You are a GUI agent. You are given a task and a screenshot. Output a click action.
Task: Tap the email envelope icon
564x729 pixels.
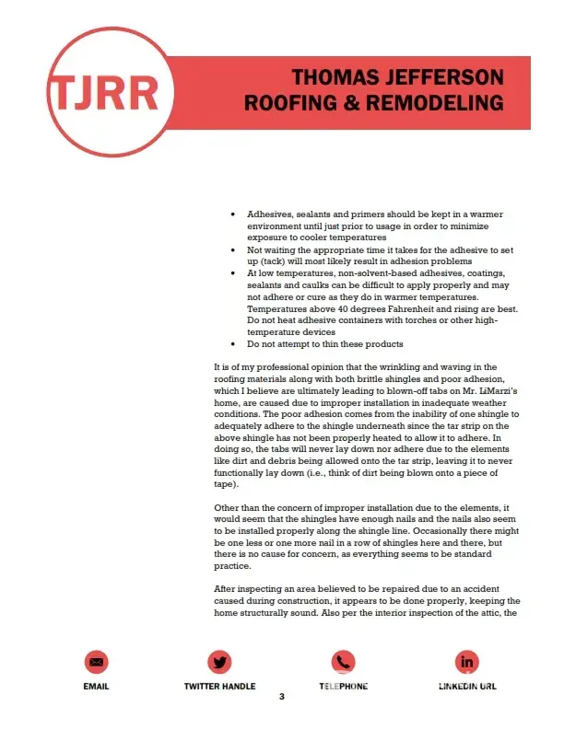click(98, 661)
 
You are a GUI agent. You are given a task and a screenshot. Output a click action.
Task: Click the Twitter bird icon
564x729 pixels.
click(219, 661)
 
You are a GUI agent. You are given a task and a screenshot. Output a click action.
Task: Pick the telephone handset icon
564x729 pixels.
click(343, 661)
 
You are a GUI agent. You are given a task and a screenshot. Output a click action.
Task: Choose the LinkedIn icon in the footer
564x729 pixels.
click(467, 661)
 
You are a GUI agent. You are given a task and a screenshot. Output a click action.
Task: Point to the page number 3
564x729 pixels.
click(282, 697)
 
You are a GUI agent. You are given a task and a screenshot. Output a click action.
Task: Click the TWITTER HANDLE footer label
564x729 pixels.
click(219, 687)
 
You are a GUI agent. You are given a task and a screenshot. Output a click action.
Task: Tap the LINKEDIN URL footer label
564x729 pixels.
click(467, 687)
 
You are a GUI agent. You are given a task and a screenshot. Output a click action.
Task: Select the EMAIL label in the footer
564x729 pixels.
click(98, 687)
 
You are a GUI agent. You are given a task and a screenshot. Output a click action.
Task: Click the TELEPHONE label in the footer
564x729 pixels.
click(343, 687)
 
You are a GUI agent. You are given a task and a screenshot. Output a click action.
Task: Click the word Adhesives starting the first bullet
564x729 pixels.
click(268, 213)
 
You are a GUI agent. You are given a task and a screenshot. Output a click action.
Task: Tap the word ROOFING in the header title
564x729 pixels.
click(287, 101)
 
